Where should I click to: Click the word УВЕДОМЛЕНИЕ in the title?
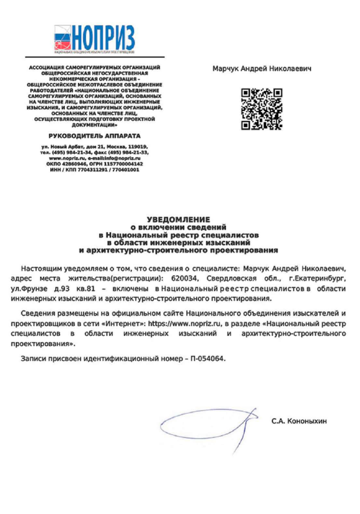tap(179, 219)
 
